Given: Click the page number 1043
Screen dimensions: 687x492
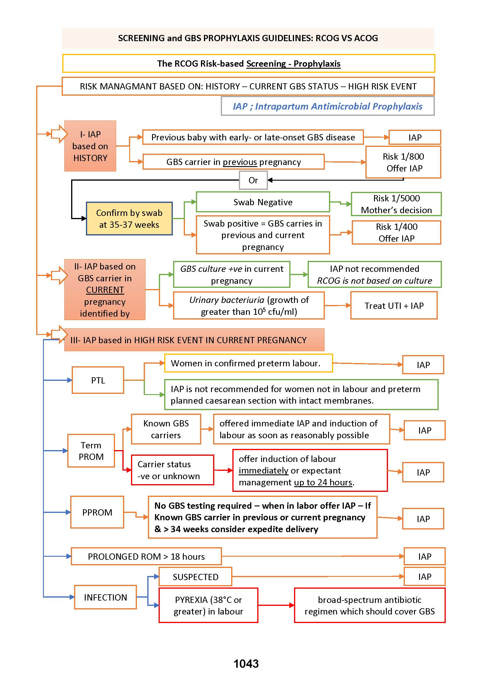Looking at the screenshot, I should coord(246,663).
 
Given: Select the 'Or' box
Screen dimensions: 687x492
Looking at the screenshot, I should coord(253,180).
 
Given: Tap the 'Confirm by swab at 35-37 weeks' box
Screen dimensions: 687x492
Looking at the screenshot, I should coord(129,219).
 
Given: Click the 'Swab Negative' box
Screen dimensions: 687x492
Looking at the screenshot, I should coord(263,202).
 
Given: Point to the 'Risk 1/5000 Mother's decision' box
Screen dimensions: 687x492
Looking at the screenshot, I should coord(396,204).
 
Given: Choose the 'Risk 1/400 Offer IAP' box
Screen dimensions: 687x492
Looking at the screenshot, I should coord(396,232).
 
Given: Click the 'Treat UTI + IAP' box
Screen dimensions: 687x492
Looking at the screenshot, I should coord(394,305).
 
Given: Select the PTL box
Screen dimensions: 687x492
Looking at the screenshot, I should coord(98,380).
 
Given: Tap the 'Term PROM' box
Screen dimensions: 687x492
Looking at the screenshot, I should coord(91,451).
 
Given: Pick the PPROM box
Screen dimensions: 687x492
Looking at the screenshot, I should coord(97,512).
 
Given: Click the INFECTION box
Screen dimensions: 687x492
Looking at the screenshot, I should coord(106,597).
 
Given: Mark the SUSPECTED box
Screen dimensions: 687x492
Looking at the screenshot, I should coord(195,577).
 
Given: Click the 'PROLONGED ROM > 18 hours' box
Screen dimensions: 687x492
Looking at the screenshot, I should coord(146,556).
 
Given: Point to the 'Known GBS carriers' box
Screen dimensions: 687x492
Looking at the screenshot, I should coord(166,429).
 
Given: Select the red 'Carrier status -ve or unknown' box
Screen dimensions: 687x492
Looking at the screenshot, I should coord(172,470).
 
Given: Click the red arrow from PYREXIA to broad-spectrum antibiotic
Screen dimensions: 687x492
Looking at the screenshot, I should coord(276,605).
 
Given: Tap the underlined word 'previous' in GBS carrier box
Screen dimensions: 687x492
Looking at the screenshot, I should coord(240,162).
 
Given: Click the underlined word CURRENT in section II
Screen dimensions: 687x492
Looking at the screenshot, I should coord(105,290).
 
